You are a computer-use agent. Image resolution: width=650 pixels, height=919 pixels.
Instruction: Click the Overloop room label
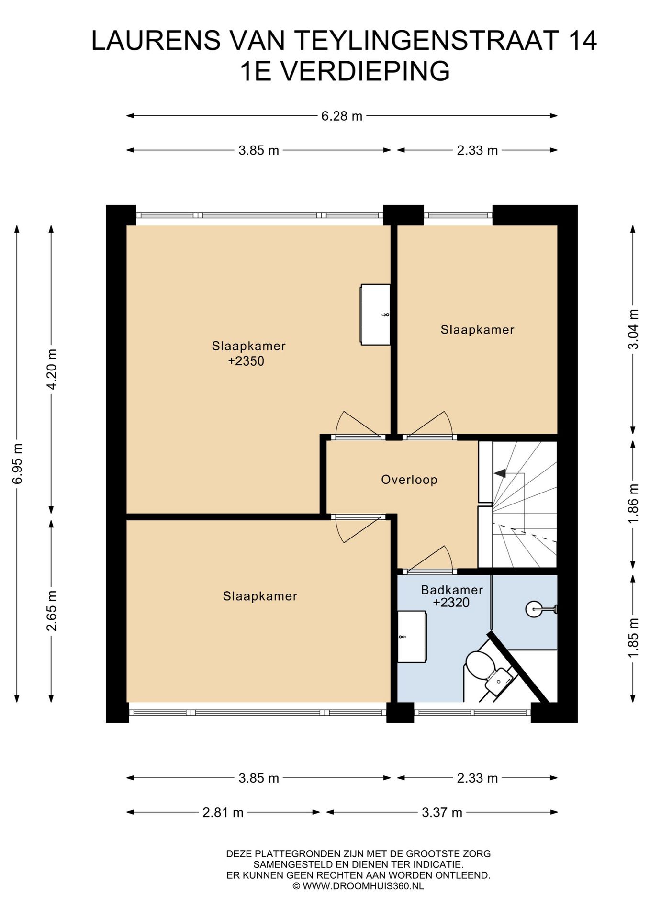tap(409, 480)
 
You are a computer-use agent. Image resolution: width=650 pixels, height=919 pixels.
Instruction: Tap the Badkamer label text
tap(452, 590)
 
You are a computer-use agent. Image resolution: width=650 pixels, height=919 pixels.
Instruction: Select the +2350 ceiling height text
tap(246, 361)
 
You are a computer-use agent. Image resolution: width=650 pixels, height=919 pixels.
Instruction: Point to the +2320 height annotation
tap(451, 603)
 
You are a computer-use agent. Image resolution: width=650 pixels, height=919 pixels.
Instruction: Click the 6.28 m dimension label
tap(342, 116)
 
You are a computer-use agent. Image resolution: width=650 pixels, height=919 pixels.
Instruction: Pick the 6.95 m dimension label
tap(17, 463)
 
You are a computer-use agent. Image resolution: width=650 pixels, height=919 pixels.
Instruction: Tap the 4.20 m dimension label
tap(52, 369)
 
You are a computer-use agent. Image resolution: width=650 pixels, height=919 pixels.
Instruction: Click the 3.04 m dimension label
tap(633, 329)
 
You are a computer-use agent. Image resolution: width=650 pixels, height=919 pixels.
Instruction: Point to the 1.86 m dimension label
tap(633, 504)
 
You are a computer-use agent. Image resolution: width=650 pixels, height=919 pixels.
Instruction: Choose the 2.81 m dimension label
tap(223, 813)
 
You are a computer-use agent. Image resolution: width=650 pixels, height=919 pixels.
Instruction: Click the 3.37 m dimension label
tap(442, 813)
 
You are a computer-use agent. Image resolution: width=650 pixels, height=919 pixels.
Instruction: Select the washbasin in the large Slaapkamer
tap(375, 314)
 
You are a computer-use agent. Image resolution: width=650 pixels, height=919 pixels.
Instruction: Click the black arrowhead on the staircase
tap(500, 473)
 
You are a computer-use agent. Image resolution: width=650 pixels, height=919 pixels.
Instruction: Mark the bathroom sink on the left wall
tap(412, 637)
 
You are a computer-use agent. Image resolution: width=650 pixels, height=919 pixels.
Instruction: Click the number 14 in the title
tap(583, 40)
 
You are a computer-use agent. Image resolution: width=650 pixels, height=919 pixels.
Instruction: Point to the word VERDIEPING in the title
tap(364, 71)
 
